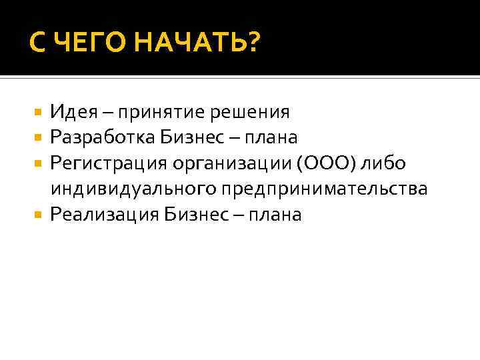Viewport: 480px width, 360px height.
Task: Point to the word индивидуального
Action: coord(133,189)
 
